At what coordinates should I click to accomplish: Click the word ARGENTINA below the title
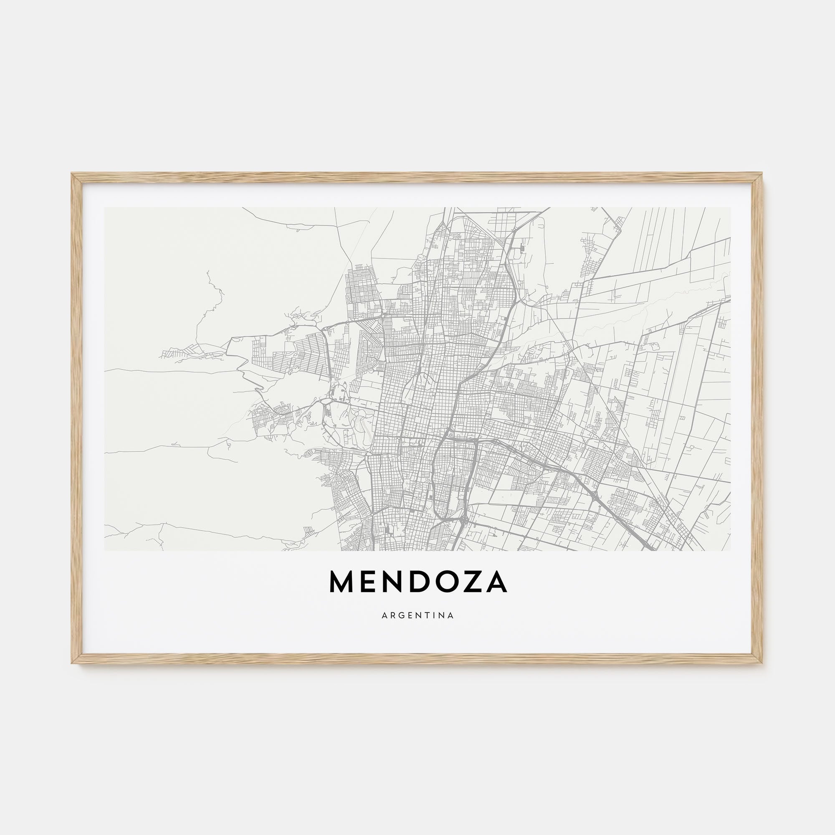pyautogui.click(x=417, y=615)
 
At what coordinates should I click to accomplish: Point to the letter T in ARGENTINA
pyautogui.click(x=427, y=615)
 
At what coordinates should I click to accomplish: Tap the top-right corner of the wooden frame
pyautogui.click(x=763, y=174)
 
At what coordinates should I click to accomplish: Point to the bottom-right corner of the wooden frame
pyautogui.click(x=763, y=663)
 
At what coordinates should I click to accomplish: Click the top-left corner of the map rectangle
pyautogui.click(x=105, y=207)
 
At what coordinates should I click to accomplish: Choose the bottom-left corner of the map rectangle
pyautogui.click(x=105, y=550)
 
